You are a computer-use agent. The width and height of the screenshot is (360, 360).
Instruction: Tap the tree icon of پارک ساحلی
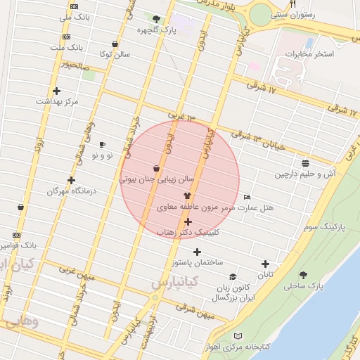(303, 275)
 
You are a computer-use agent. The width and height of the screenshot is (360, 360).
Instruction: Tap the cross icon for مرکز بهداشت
(56, 91)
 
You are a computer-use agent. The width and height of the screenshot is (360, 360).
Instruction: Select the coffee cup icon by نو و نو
(103, 144)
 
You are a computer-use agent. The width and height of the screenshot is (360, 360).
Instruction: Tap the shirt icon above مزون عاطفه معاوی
(187, 196)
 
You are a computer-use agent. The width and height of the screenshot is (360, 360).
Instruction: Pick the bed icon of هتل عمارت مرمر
(246, 197)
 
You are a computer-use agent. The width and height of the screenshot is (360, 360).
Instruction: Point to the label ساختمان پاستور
(198, 262)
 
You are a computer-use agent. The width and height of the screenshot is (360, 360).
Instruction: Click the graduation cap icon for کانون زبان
(233, 277)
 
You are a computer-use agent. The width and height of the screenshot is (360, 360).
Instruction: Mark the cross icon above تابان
(265, 264)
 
